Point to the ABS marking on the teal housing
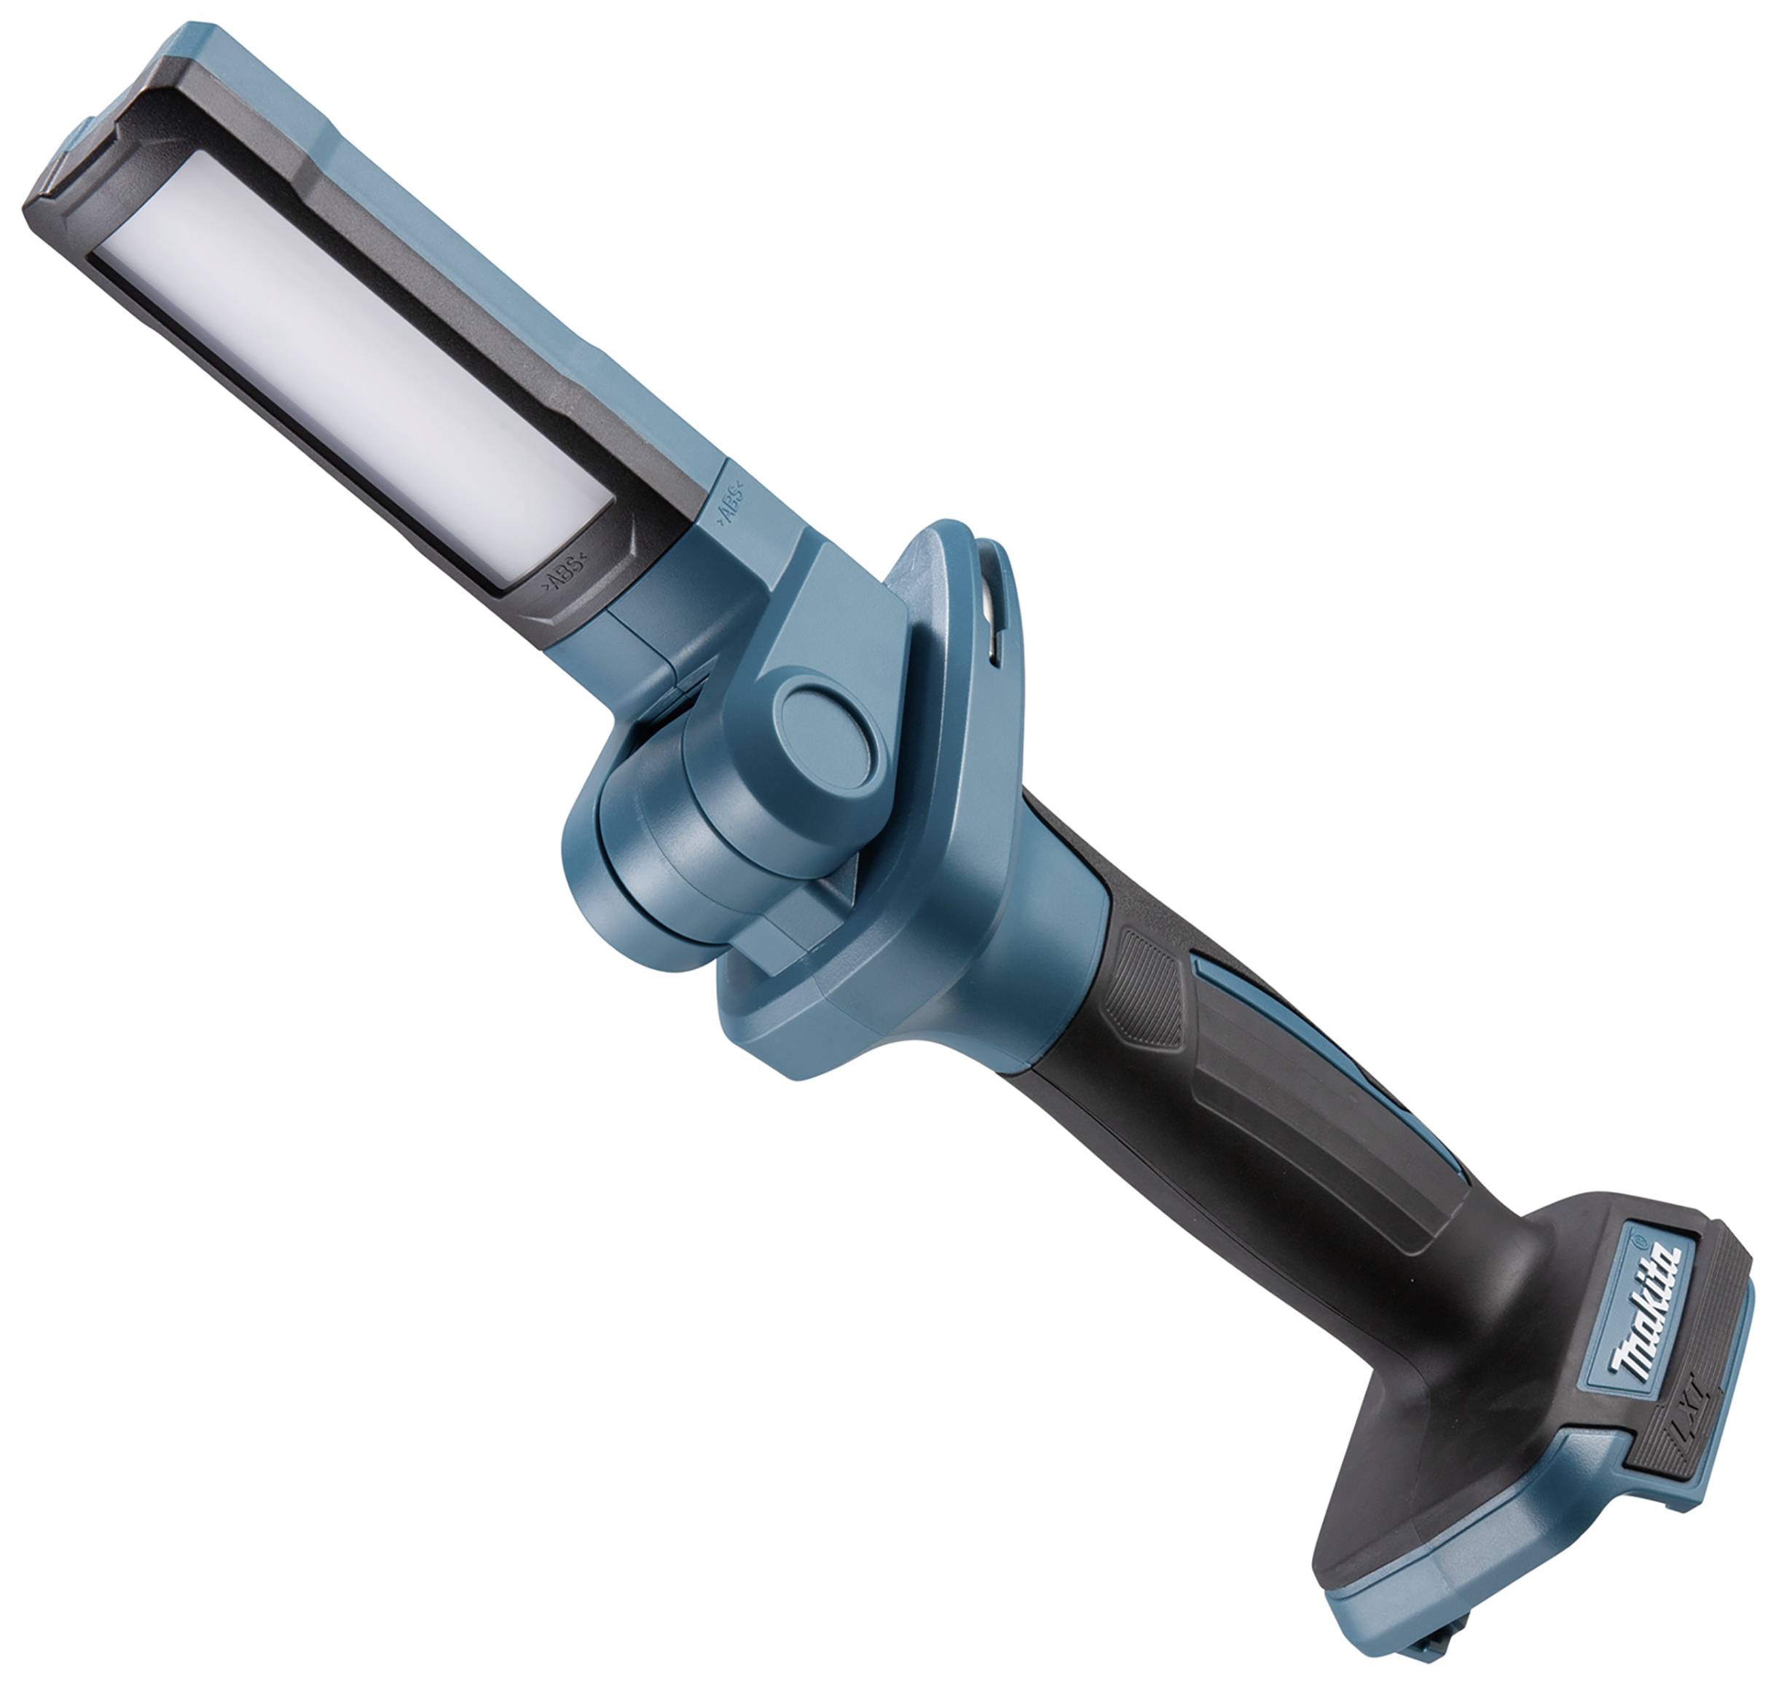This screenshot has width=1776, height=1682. pyautogui.click(x=728, y=504)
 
